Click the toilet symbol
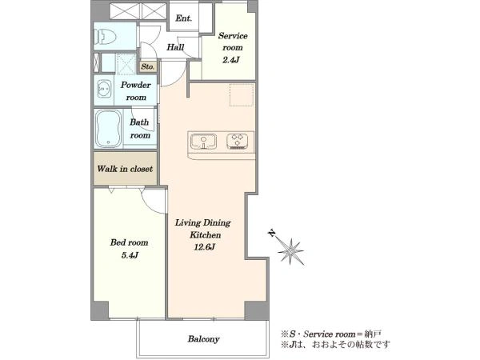[x=105, y=37]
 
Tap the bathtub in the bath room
[x=108, y=129]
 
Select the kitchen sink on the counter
[x=203, y=142]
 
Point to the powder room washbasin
[x=104, y=89]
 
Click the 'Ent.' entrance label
[x=184, y=18]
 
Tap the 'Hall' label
[x=175, y=47]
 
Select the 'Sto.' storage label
[x=148, y=66]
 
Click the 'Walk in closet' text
[x=125, y=169]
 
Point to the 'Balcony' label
[x=203, y=339]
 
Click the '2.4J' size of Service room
[x=231, y=60]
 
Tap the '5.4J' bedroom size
[x=130, y=255]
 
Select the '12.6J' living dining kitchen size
[x=205, y=246]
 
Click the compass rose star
[x=290, y=251]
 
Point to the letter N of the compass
[x=272, y=234]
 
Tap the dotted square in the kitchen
[x=242, y=94]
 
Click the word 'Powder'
[x=136, y=85]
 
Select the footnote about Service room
[x=331, y=334]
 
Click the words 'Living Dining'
[x=202, y=223]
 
